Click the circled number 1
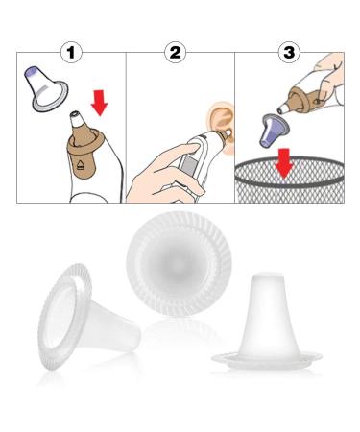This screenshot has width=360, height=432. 71,52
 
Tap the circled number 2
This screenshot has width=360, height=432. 175,52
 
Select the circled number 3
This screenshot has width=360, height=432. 289,52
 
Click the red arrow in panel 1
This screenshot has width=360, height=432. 100,103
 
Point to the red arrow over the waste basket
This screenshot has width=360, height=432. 284,163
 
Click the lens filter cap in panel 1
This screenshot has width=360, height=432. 46,88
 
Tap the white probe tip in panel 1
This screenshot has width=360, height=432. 78,118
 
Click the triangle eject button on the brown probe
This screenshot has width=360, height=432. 81,165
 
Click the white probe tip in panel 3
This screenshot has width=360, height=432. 282,109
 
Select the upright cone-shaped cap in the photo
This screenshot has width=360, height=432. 267,322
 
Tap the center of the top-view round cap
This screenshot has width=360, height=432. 179,263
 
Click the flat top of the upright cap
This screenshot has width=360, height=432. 267,276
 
